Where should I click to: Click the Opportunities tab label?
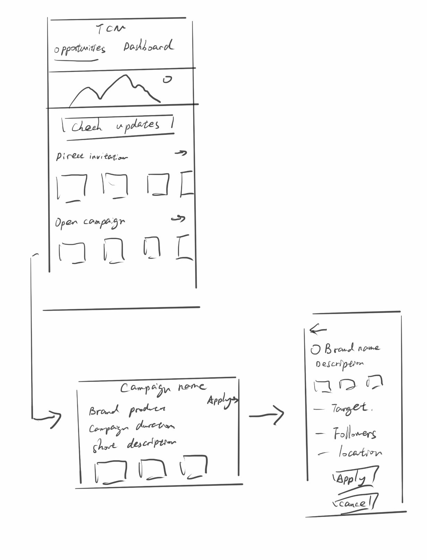(79, 49)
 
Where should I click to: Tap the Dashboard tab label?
(148, 46)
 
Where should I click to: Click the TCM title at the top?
(110, 29)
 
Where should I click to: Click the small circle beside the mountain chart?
(167, 80)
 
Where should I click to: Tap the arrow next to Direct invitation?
(181, 153)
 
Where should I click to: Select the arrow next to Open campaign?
(178, 219)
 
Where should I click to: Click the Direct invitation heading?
(92, 156)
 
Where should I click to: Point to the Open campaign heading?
(90, 222)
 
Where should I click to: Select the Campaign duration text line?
(132, 427)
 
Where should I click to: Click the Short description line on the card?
(134, 444)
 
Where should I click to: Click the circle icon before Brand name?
(316, 349)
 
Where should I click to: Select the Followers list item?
(354, 434)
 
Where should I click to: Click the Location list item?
(360, 452)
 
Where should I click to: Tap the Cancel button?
(353, 503)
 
